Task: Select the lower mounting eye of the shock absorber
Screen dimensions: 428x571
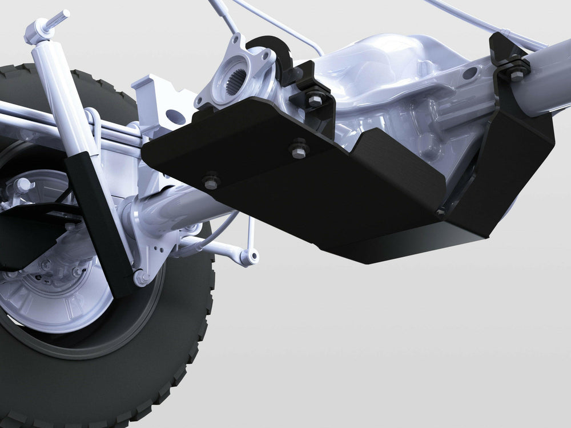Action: (139, 278)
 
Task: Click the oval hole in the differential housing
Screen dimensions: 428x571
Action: (469, 73)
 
